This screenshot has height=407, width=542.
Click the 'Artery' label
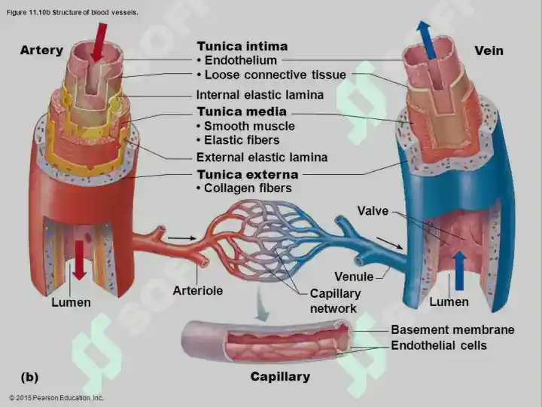coord(41,50)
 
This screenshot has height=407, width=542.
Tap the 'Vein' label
coord(489,50)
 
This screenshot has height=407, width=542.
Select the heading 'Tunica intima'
coord(242,47)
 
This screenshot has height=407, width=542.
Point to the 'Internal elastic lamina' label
coord(260,95)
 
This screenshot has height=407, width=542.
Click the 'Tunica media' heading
coord(242,112)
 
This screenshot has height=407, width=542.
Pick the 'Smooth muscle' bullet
coord(245,126)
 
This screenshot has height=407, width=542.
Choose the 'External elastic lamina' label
coord(262,158)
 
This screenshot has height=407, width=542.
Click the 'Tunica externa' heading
coord(246,175)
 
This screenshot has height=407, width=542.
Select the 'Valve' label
coord(373,211)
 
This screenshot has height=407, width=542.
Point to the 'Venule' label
coord(354,277)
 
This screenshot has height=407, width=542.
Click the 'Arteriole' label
coord(197,290)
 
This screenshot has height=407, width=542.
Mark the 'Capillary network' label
coord(335,301)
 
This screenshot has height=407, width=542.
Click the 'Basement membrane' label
coord(452,329)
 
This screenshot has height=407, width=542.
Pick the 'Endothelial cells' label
coord(439,345)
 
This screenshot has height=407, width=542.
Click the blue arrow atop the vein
coord(426,39)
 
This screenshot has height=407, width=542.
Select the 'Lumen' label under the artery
coord(72,302)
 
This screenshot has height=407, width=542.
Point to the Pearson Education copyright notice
coord(56,397)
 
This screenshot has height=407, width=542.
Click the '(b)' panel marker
coord(29,376)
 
